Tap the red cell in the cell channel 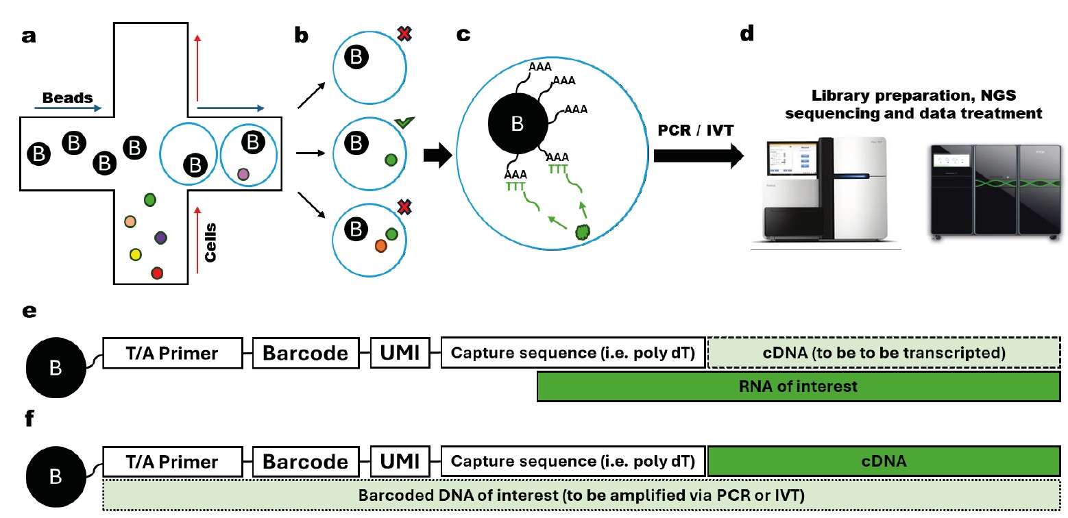[x=157, y=273]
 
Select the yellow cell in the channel [x=136, y=255]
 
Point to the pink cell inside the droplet [x=243, y=175]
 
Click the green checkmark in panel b [x=405, y=123]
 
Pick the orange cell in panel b [x=380, y=245]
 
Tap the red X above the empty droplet [x=404, y=34]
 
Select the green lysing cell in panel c [x=581, y=232]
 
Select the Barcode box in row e [x=306, y=354]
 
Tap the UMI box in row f [x=400, y=462]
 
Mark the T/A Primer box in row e [x=172, y=354]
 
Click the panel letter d [x=748, y=34]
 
